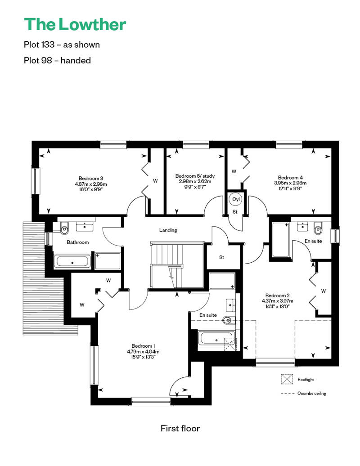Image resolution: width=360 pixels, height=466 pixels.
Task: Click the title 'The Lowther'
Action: [75, 24]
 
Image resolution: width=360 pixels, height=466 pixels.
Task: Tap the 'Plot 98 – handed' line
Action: [57, 60]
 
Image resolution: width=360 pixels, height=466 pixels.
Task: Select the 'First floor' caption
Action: [180, 428]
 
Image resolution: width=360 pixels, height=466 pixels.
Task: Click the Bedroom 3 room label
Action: [90, 178]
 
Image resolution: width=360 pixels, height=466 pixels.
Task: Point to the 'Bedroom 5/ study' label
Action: [195, 176]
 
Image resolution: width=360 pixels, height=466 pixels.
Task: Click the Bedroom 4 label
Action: [290, 177]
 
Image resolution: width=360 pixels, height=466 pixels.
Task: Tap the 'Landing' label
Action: [168, 230]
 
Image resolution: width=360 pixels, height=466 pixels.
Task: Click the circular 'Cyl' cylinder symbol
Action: [236, 199]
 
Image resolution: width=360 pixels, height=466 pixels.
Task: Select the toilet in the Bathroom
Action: [64, 229]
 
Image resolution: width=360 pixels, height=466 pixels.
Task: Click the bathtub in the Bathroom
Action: [72, 261]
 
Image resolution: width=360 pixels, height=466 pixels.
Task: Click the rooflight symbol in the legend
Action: [287, 379]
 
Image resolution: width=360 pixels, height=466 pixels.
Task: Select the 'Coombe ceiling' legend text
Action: [312, 393]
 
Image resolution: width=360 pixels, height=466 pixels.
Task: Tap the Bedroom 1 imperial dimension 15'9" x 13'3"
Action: [143, 357]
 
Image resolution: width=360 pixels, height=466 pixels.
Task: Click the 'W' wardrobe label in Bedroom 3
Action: [155, 181]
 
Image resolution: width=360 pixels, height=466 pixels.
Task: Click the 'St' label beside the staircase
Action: [222, 257]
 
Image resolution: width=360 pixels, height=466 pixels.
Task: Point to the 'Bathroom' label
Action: [77, 242]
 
